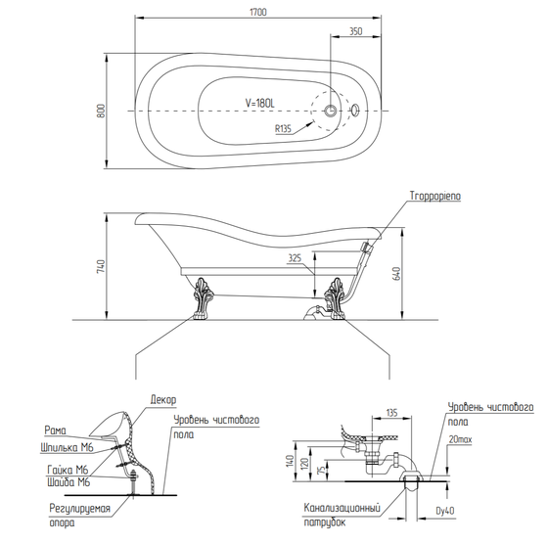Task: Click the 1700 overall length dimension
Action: [x=258, y=12]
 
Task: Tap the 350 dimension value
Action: [x=356, y=31]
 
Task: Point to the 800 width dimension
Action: [x=101, y=111]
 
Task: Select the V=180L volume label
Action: [x=259, y=103]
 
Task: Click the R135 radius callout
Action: [x=283, y=129]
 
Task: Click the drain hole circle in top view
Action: [x=331, y=111]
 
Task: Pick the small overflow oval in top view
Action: [x=355, y=110]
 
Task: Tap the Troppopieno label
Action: [x=435, y=197]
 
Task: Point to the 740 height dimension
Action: [x=101, y=266]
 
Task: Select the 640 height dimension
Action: [x=396, y=273]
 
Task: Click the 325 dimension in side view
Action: [x=295, y=258]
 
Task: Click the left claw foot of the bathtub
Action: [x=202, y=298]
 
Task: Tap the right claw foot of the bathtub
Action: [x=335, y=298]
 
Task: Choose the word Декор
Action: [x=163, y=399]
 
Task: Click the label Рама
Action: [x=55, y=430]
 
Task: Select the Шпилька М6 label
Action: [x=68, y=448]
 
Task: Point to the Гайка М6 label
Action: [x=68, y=470]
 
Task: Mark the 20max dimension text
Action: [x=460, y=439]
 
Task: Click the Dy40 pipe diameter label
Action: [x=445, y=511]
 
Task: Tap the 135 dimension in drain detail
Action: [x=392, y=413]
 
